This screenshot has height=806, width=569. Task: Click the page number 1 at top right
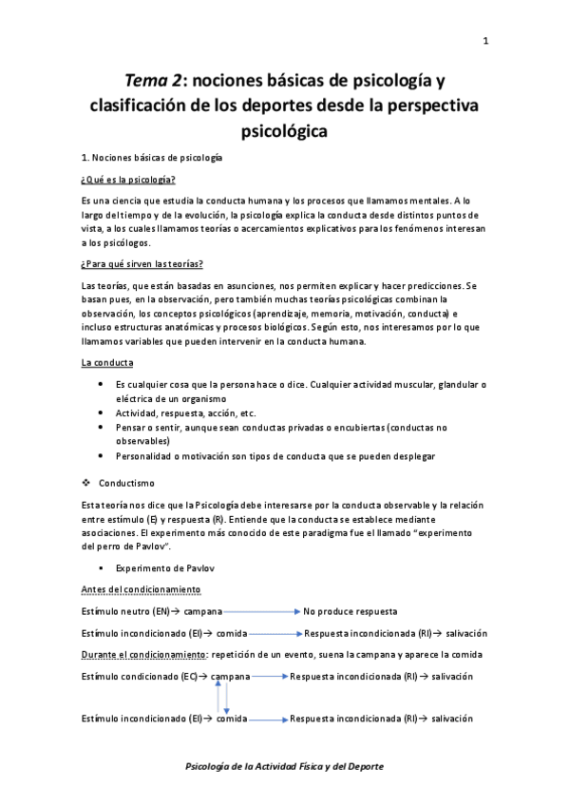485,41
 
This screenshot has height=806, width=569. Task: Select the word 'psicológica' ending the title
284,132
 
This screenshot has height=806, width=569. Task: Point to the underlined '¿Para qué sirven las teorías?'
142,263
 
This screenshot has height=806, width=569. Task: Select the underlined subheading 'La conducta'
107,362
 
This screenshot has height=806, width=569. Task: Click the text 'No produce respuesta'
350,610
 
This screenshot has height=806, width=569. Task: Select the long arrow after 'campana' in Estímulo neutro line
262,610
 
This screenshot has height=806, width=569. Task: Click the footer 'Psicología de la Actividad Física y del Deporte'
284,766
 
